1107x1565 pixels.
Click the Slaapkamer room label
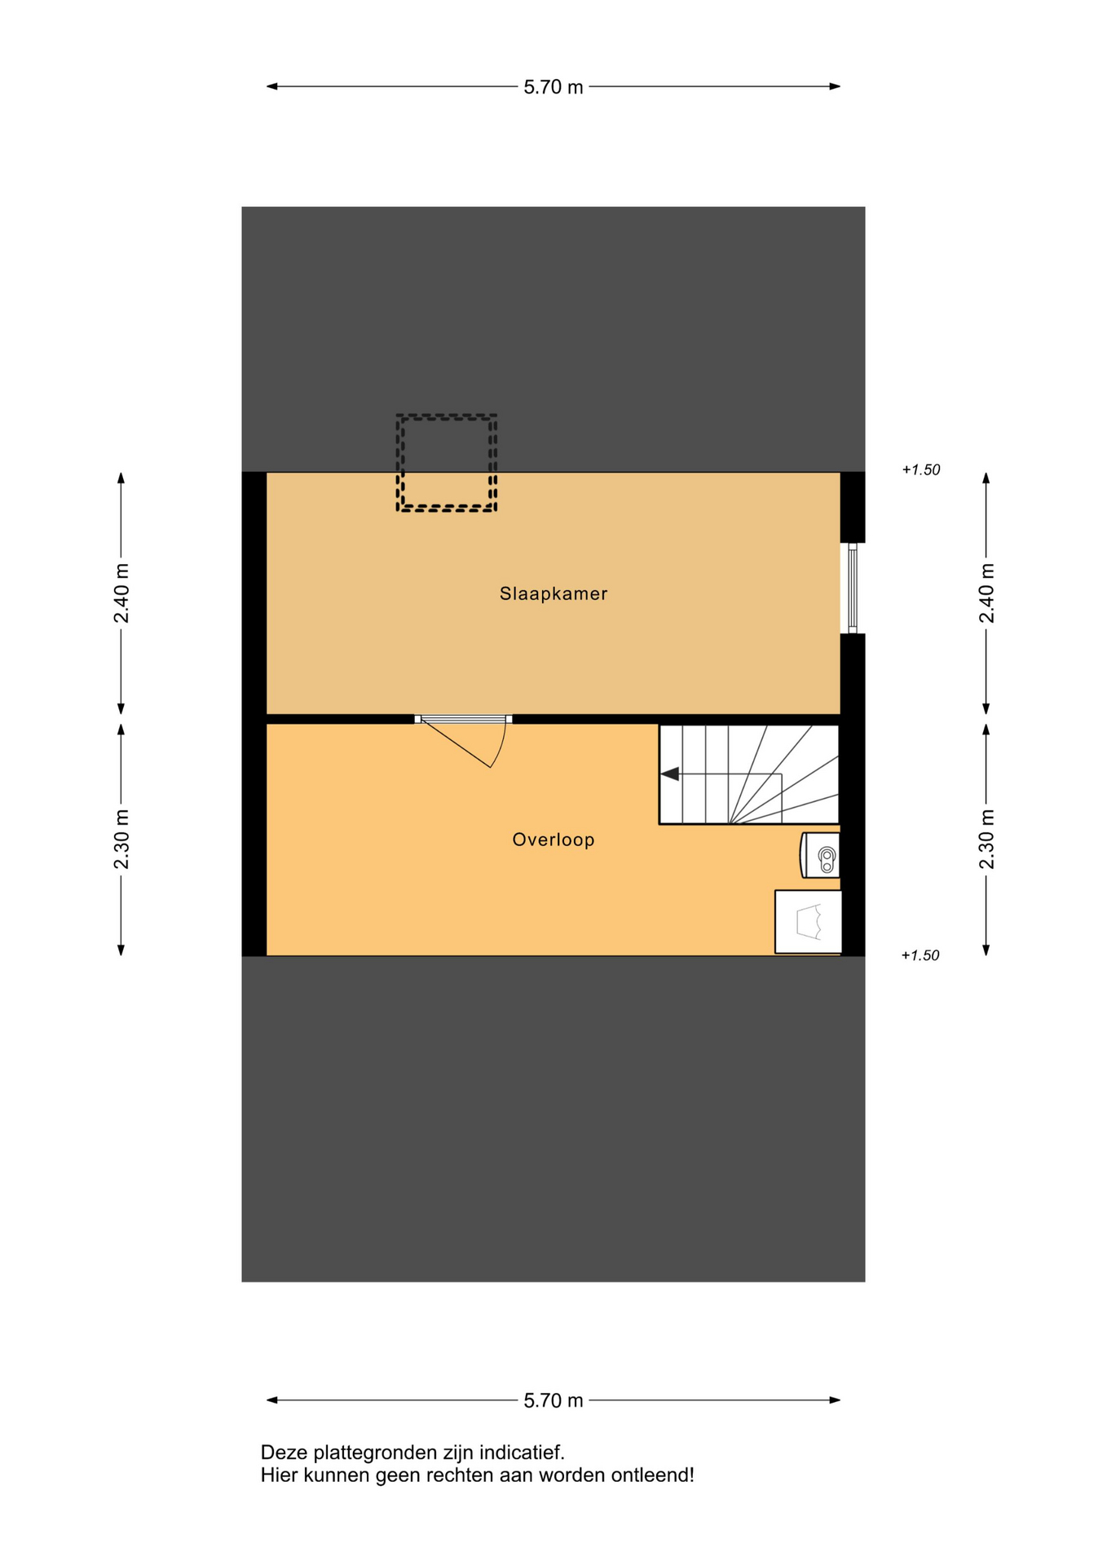(x=553, y=593)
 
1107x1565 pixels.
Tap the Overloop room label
(x=553, y=840)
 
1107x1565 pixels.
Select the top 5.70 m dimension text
(x=553, y=87)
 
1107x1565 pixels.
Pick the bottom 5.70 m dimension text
(x=553, y=1400)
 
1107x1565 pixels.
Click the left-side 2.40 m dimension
(x=121, y=593)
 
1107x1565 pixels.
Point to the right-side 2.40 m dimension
(x=986, y=593)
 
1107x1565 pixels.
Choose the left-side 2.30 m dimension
(x=121, y=840)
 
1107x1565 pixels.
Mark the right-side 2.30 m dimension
(x=986, y=840)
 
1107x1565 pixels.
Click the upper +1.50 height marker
(x=921, y=469)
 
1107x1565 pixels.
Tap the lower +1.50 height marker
(x=920, y=955)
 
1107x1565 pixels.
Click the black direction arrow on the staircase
(x=670, y=774)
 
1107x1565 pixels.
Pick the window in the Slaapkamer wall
(x=853, y=588)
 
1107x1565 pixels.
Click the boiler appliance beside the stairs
(x=821, y=855)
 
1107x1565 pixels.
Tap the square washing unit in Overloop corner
(x=808, y=922)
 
